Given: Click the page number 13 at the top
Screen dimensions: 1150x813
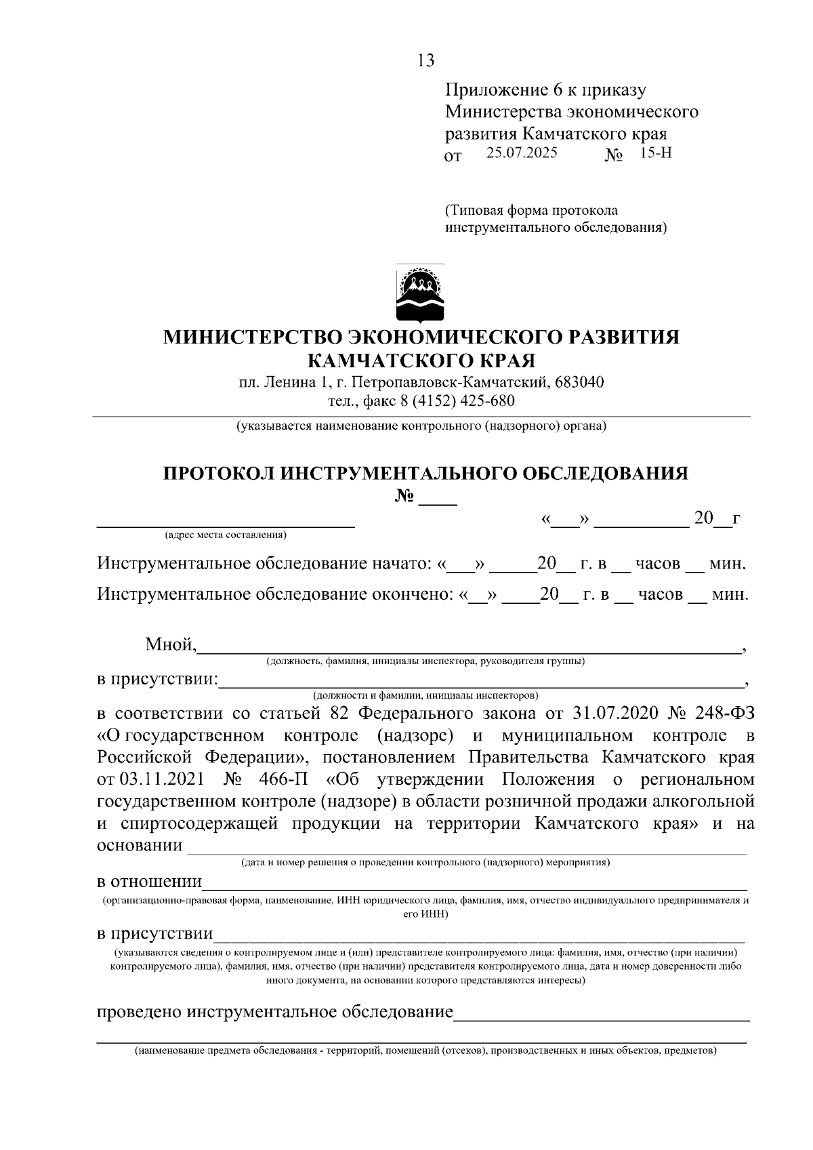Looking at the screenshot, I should [x=425, y=60].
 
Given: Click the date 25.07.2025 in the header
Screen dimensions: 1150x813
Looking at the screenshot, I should [x=522, y=152].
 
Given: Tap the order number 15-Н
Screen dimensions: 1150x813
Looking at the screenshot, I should [x=655, y=152].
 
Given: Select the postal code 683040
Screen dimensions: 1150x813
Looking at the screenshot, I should [x=579, y=382].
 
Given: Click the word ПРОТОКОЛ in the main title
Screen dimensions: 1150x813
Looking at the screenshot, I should [x=218, y=473].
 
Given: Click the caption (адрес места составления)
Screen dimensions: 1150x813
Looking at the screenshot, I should [x=225, y=535].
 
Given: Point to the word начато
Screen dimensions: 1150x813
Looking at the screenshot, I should [x=398, y=564].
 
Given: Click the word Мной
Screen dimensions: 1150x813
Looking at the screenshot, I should [x=170, y=644].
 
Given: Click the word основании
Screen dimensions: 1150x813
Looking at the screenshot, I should [x=140, y=845].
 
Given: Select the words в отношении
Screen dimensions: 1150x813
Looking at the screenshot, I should [x=149, y=882].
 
